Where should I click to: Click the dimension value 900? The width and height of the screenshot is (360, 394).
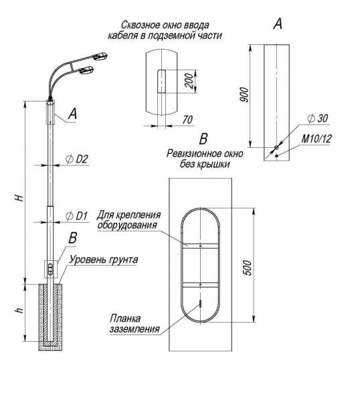[244, 95]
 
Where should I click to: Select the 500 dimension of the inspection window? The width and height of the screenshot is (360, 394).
[248, 268]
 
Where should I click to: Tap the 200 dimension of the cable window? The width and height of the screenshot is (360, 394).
[189, 81]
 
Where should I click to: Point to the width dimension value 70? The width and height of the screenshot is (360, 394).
[187, 120]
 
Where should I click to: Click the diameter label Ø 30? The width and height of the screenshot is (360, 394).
[318, 118]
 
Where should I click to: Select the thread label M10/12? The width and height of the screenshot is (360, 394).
[317, 138]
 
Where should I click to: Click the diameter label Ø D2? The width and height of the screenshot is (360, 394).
[76, 159]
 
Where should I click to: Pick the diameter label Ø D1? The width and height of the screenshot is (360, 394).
[76, 216]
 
